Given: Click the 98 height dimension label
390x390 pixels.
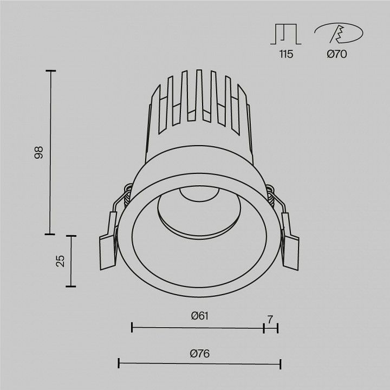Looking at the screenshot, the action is [x=38, y=153].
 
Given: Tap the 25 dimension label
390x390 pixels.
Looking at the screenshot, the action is [x=60, y=261].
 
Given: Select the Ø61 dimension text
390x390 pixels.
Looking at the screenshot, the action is [x=200, y=316].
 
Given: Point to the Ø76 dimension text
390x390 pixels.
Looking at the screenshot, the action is [x=199, y=353].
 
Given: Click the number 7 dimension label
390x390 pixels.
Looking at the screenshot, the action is [x=270, y=320].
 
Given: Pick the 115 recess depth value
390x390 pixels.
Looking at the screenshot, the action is [x=286, y=54].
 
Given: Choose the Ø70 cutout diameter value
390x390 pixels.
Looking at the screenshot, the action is [x=337, y=54].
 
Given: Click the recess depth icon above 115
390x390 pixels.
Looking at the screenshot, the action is [x=286, y=34].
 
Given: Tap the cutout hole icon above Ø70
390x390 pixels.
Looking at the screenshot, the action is [x=339, y=33].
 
